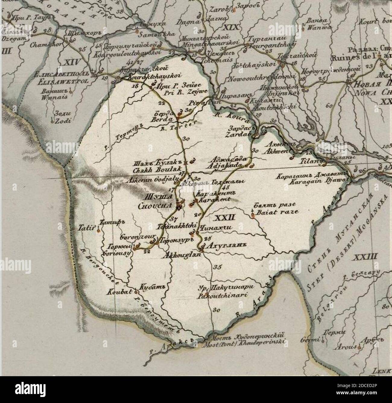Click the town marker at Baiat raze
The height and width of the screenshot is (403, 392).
252,215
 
